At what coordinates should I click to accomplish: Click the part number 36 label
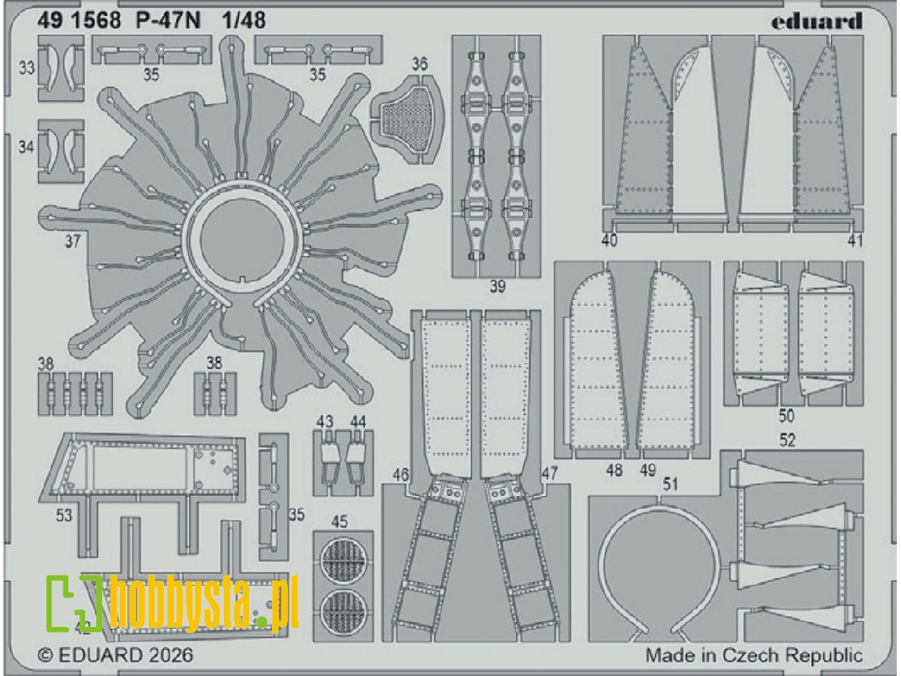click(420, 64)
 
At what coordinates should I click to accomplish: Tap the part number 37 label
click(72, 241)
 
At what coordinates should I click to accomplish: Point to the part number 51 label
click(672, 484)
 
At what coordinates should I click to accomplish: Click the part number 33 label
click(27, 68)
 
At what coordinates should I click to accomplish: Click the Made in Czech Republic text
click(754, 655)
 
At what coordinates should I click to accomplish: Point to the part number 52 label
click(787, 440)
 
